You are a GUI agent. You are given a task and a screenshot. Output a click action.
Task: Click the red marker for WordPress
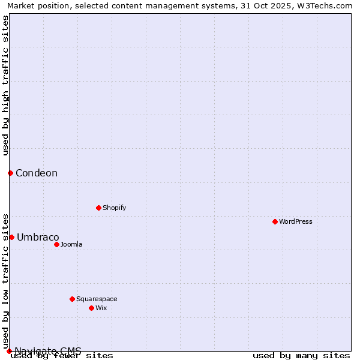[275, 221]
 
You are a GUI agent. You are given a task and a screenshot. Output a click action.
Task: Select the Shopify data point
[98, 208]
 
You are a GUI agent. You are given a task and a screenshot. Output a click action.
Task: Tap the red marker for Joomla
[56, 244]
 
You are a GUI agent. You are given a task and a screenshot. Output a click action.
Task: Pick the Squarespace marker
[72, 299]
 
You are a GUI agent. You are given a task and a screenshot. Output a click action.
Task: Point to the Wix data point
[91, 308]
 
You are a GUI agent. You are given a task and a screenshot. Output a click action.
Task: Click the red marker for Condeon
[10, 173]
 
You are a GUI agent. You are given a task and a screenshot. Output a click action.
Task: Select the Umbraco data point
[11, 237]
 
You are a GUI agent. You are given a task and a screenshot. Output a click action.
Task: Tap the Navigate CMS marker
[9, 351]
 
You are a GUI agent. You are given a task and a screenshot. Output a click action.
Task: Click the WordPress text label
[296, 221]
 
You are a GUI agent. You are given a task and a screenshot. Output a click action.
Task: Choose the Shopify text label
[115, 208]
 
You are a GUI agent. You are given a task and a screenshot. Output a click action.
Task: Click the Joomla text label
[71, 244]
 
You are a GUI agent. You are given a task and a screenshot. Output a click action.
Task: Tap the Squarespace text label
[97, 299]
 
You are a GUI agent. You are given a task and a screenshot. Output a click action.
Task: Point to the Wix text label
[101, 308]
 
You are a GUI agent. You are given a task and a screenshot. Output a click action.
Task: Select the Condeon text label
[37, 173]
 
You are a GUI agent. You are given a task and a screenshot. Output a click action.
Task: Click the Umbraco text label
[38, 237]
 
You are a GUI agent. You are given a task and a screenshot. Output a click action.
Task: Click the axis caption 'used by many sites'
[301, 356]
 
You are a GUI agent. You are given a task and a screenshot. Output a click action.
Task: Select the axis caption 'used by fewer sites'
[62, 356]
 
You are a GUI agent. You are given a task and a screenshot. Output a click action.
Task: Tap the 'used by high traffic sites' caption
[5, 85]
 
